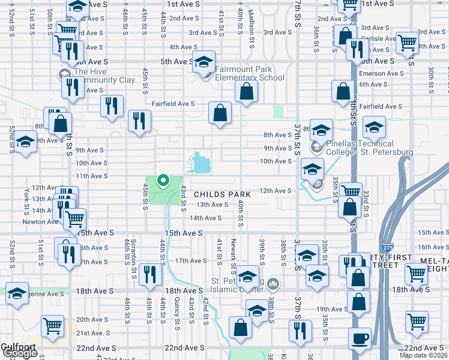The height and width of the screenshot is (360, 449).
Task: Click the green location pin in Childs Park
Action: (x=162, y=179)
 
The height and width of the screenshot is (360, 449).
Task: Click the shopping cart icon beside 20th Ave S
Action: (x=53, y=326)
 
